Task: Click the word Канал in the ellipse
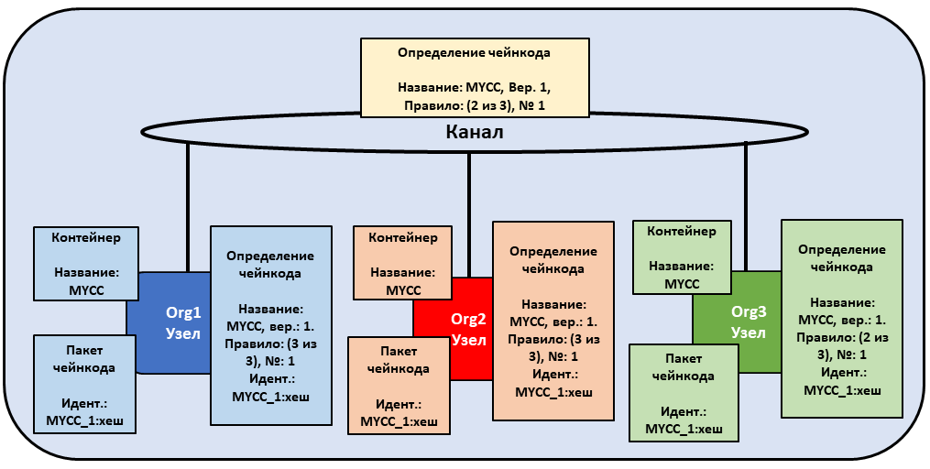coord(475,132)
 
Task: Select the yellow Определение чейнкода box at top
coord(475,78)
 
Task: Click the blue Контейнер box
coord(86,263)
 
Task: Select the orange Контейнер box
coord(403,263)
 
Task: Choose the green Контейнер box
coord(682,256)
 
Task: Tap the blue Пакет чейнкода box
coord(85,384)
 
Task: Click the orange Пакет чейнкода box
coord(399,386)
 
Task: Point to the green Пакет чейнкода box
coord(684,393)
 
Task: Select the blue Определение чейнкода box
coord(271,325)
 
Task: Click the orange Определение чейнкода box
coord(553,321)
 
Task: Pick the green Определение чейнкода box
coord(842,319)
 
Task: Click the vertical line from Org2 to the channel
coord(468,214)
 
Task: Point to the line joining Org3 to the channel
coord(746,206)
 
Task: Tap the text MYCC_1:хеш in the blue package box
coord(85,421)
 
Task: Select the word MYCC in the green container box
coord(682,284)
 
